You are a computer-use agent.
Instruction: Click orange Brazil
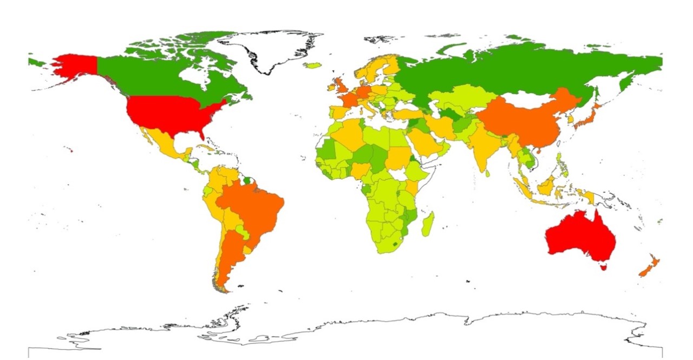click(254, 206)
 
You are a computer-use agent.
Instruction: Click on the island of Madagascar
click(427, 224)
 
